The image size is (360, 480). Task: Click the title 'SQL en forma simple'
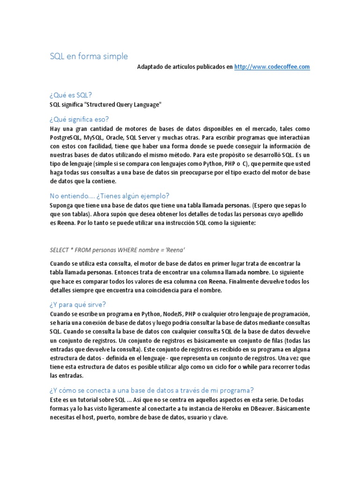(89, 56)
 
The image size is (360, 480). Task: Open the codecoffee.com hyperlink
(272, 67)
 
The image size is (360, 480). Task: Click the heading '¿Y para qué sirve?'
(78, 304)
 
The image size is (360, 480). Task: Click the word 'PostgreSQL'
(65, 137)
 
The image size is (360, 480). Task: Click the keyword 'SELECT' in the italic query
(60, 249)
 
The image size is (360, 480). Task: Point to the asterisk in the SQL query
(75, 249)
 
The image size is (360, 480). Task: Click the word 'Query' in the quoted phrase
(128, 105)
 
